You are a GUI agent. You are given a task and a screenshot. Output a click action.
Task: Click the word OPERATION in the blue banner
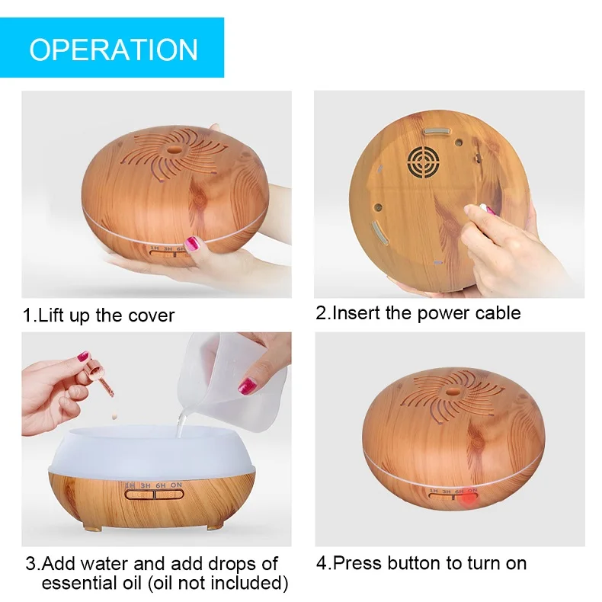point(113,49)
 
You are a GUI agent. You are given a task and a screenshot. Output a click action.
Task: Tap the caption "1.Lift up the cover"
point(98,315)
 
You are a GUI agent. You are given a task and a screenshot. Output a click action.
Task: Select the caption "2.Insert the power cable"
point(418,312)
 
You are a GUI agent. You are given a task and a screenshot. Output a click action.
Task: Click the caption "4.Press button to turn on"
point(421,563)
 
